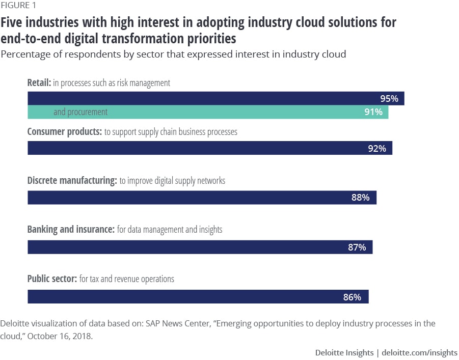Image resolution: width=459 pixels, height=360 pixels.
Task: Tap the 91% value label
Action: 373,112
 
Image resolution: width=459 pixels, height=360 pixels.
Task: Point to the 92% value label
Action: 377,148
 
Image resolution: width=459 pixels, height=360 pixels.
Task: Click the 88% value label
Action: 360,198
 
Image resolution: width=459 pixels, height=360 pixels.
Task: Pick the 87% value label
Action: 357,247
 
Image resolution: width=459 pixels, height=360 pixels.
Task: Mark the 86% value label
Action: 352,297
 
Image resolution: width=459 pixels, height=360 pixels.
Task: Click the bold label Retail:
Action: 39,82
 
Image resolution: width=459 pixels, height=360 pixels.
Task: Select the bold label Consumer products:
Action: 65,132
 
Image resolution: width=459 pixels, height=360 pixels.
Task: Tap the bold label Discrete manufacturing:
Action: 72,181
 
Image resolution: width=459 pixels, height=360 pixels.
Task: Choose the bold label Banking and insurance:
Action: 70,230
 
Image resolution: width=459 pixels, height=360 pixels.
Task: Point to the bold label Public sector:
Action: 52,279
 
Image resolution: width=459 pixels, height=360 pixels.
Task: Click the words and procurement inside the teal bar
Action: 80,112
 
